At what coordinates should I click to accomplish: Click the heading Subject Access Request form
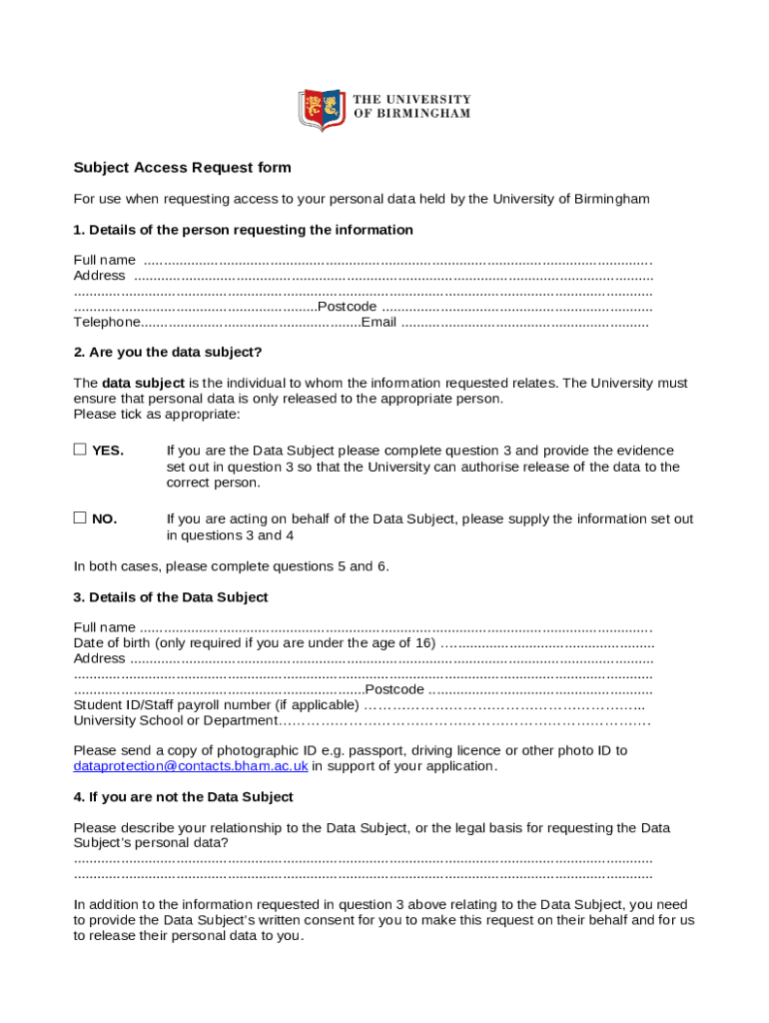[182, 168]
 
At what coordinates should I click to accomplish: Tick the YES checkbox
[80, 450]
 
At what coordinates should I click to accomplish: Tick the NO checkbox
[80, 517]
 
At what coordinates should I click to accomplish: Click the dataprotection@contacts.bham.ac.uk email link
[191, 766]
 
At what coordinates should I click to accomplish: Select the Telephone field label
[107, 322]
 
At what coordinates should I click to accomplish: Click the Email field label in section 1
[379, 322]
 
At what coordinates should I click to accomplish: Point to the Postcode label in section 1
[347, 306]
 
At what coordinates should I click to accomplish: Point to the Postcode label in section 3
[394, 689]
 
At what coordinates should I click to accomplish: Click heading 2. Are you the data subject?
[168, 352]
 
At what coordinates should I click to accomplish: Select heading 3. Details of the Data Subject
[171, 597]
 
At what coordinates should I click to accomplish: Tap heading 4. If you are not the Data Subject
[184, 797]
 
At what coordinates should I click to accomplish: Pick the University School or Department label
[175, 720]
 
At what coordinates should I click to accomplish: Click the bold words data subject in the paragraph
[143, 383]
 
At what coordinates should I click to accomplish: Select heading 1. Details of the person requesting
[243, 230]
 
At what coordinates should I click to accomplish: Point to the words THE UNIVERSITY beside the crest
[412, 100]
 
